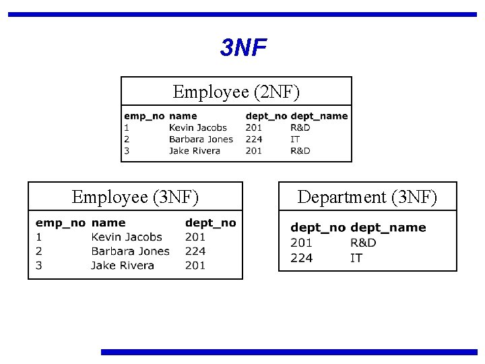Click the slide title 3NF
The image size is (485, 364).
243,48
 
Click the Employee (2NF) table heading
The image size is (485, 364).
236,92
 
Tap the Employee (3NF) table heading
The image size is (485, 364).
135,197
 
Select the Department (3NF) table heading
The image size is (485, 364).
367,197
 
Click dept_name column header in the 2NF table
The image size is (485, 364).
319,116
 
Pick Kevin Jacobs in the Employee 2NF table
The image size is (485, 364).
198,127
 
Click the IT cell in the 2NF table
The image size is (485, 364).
295,139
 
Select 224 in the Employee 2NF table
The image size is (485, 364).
254,139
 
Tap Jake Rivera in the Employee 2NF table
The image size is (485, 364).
195,150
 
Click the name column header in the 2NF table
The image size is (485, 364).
183,116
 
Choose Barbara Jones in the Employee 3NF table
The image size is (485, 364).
130,251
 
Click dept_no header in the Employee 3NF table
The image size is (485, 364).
210,222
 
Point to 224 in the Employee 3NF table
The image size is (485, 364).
195,251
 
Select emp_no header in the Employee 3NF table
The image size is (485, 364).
60,222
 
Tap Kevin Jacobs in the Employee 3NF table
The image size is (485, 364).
127,237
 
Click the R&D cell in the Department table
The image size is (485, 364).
363,243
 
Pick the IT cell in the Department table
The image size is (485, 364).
356,257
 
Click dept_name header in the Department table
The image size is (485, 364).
388,228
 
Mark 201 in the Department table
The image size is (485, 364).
301,243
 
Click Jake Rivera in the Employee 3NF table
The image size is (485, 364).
123,265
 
